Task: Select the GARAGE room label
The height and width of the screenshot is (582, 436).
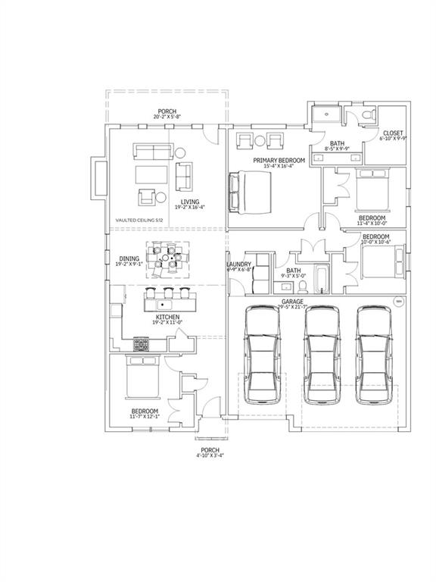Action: [x=292, y=302]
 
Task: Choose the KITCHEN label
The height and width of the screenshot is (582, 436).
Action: [x=167, y=317]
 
